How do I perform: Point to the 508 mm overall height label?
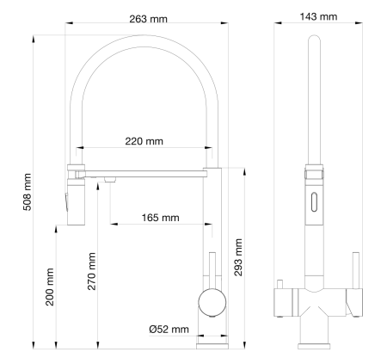[27, 193]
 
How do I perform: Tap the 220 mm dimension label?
[144, 141]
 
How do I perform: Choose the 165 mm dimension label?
[160, 217]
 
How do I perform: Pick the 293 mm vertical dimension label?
[240, 253]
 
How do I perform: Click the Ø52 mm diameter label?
[169, 329]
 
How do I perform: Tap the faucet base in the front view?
[211, 342]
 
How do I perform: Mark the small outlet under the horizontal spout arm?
[110, 179]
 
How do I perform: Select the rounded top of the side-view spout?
[315, 40]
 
